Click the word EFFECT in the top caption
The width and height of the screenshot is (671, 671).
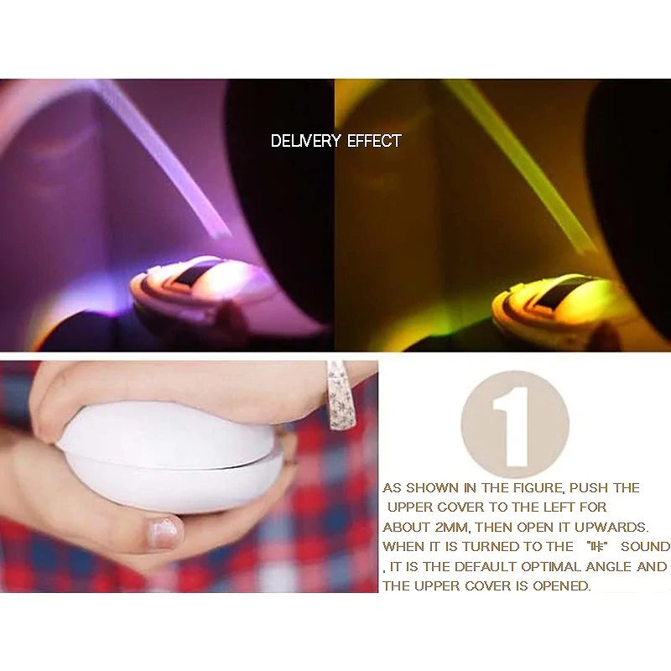[x=374, y=141]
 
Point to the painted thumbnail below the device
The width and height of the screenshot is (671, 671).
[x=164, y=532]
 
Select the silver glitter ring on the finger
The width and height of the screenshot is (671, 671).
[x=340, y=395]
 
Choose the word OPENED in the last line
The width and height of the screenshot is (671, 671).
[x=562, y=586]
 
